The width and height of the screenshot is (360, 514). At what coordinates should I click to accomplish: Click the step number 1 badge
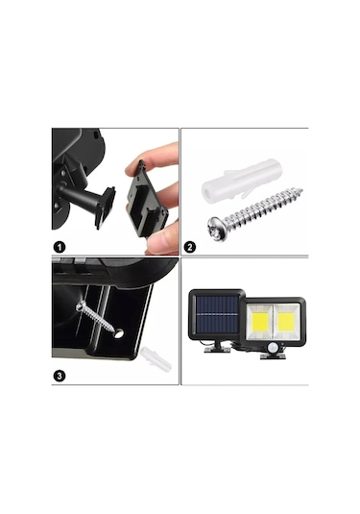point(60,246)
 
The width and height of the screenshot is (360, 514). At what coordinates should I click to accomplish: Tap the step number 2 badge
point(190,246)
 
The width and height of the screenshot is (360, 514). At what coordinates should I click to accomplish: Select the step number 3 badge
point(60,376)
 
